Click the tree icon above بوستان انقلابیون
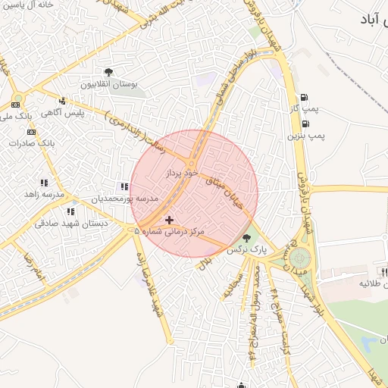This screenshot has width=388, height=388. [x=110, y=73]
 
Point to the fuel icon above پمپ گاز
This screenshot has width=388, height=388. [x=305, y=97]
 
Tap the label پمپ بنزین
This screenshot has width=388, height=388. [x=306, y=136]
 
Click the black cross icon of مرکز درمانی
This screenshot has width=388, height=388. [x=169, y=219]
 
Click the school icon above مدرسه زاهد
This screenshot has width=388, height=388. [x=44, y=183]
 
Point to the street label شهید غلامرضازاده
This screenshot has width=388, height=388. [x=149, y=281]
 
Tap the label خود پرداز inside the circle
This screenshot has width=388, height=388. [x=181, y=174]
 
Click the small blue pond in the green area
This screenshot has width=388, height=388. [x=368, y=345]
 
